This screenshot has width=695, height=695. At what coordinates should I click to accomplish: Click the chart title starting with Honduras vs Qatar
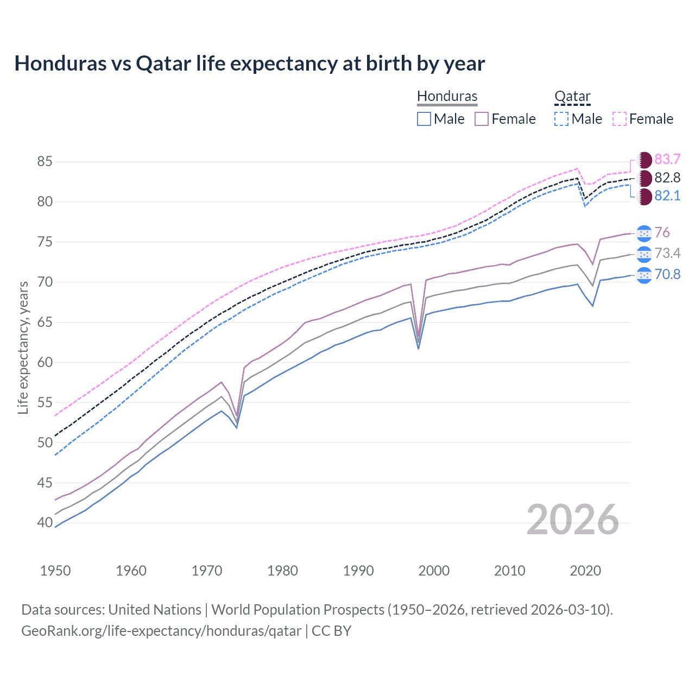click(249, 64)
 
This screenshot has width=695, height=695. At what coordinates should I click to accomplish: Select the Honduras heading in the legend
click(447, 96)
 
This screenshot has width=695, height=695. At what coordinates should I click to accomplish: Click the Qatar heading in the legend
click(572, 96)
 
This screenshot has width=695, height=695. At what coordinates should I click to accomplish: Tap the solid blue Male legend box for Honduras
click(424, 119)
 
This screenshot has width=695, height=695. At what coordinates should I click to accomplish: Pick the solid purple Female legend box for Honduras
click(482, 119)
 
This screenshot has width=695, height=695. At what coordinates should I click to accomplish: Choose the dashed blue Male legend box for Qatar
click(561, 119)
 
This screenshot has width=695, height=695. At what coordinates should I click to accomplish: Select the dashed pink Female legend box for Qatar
click(620, 119)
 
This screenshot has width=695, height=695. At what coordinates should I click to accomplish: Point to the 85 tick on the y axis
click(45, 161)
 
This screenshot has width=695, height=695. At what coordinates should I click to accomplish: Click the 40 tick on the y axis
click(45, 523)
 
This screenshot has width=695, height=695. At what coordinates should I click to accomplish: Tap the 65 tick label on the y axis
click(45, 322)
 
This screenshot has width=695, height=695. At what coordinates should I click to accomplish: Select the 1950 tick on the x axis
click(55, 571)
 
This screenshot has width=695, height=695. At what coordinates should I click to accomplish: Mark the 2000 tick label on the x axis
click(434, 571)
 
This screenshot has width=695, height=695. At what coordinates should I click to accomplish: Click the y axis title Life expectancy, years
click(23, 347)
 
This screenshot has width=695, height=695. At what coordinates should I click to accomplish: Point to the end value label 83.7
click(667, 159)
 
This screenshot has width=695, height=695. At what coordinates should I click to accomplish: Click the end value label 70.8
click(667, 274)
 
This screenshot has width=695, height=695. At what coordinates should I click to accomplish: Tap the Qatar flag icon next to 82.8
click(644, 178)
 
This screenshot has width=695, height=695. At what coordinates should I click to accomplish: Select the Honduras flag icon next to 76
click(644, 233)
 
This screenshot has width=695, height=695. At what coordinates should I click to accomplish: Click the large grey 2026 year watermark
click(572, 520)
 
